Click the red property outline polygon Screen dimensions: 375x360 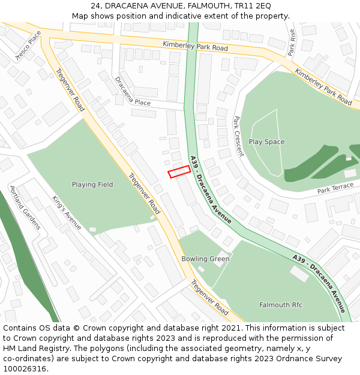pos(179,172)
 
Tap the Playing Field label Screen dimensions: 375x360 pos(92,185)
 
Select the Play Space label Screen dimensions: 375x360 pos(266,142)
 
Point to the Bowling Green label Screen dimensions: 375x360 pos(205,259)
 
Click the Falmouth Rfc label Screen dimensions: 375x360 pos(281,305)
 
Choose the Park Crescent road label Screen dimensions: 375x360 pos(238,136)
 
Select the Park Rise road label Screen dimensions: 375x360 pos(292,43)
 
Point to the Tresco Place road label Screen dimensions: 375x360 pos(29,46)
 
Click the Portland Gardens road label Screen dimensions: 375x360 pos(25,208)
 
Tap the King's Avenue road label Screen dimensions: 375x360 pos(66,213)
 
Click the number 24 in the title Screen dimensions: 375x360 pos(96,5)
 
